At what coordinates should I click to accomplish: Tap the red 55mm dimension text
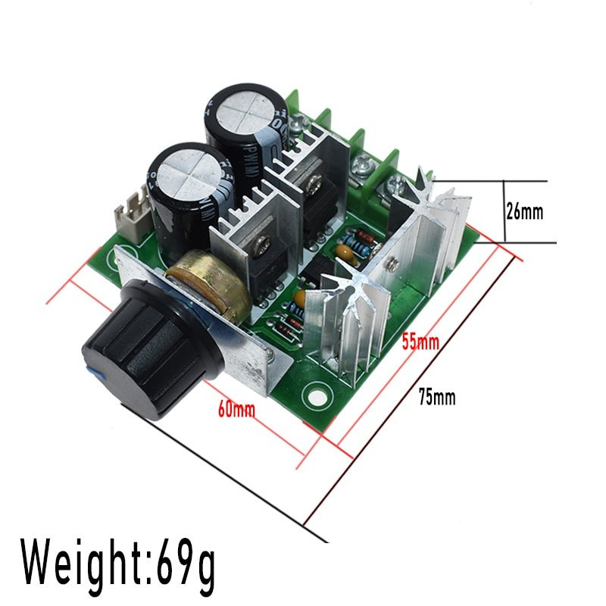420,342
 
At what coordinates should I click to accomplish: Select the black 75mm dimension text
437,396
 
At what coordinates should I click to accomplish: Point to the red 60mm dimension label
236,410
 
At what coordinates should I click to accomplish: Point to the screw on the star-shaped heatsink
393,265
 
